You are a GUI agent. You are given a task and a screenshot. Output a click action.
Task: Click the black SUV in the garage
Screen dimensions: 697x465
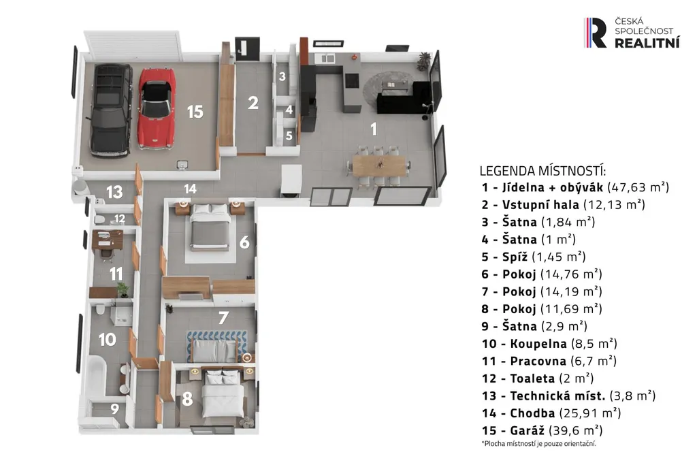[x=111, y=110]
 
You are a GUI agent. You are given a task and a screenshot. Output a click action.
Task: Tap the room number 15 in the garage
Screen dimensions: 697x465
[x=195, y=112]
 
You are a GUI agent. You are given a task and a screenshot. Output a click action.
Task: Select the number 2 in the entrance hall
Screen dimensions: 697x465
[x=253, y=103]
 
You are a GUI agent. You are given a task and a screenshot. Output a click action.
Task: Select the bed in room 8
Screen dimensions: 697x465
[x=223, y=394]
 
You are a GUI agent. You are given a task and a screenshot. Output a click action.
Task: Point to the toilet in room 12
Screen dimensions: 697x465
[x=99, y=219]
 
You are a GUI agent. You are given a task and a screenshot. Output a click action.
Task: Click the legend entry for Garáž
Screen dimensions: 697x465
[x=542, y=430]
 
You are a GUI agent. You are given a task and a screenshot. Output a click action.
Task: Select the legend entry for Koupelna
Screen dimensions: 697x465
[x=549, y=344]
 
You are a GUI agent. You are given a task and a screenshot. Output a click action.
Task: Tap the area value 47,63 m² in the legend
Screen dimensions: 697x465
[x=638, y=187]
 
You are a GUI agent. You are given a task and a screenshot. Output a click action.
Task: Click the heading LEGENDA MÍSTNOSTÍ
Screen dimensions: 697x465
[x=542, y=171]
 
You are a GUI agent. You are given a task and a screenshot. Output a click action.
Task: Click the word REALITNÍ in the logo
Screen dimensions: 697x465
[x=647, y=43]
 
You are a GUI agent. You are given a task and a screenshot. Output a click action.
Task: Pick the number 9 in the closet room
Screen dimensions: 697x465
[x=114, y=408]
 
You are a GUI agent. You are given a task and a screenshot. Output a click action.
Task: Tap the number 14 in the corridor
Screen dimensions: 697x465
[x=191, y=189]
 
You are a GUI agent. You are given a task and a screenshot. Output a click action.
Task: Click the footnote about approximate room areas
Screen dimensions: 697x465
[x=539, y=444]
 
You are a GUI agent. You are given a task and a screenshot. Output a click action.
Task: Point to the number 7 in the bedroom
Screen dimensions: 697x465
[x=223, y=317]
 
